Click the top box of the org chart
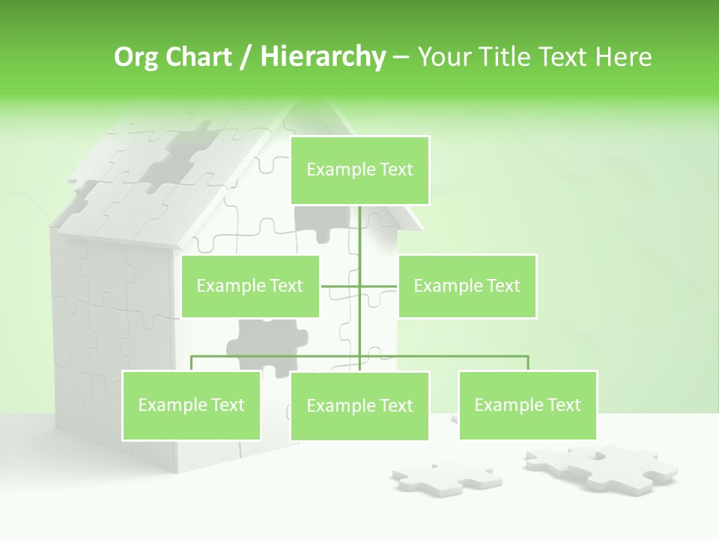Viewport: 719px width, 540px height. pyautogui.click(x=359, y=170)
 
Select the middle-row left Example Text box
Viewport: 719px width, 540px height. pyautogui.click(x=250, y=286)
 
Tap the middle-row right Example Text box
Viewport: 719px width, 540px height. pyautogui.click(x=467, y=286)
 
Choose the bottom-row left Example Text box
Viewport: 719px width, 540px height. pyautogui.click(x=191, y=405)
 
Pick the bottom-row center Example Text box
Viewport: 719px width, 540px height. pyautogui.click(x=359, y=406)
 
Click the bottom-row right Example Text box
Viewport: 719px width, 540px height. pyautogui.click(x=527, y=405)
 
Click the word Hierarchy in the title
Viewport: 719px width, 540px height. pyautogui.click(x=323, y=56)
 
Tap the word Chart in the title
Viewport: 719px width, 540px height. pyautogui.click(x=197, y=56)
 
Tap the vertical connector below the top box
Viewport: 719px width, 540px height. pyautogui.click(x=359, y=232)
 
